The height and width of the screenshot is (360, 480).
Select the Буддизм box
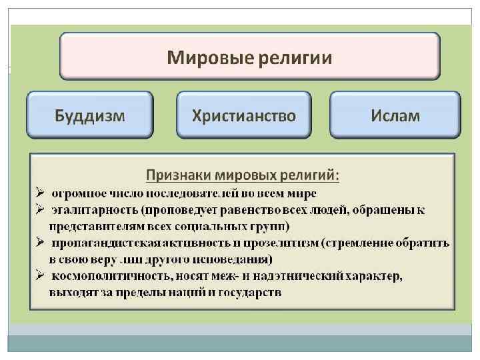coord(89,115)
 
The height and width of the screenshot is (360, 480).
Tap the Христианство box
coord(243,115)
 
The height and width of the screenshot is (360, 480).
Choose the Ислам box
coord(395,115)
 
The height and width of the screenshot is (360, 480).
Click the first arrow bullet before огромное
coord(41,193)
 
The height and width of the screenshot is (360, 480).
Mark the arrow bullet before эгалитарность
coord(41,209)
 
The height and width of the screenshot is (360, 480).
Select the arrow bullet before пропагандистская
coord(41,243)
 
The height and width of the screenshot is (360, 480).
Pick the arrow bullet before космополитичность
coord(41,275)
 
